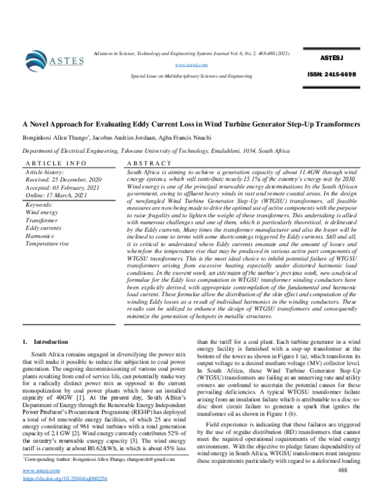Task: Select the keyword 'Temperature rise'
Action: click(x=50, y=244)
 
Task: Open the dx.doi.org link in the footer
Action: click(x=64, y=478)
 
